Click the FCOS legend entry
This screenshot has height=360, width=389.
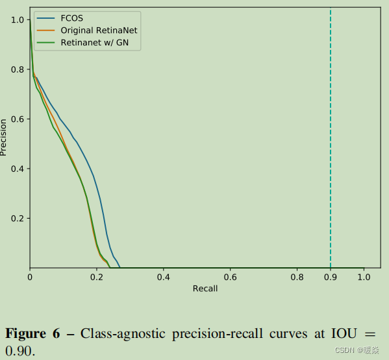pos(72,18)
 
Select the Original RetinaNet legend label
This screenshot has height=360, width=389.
pos(99,30)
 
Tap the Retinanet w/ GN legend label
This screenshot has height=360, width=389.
pos(99,43)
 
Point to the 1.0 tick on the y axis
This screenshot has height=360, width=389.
pos(18,20)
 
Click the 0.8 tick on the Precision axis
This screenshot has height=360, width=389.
pos(18,69)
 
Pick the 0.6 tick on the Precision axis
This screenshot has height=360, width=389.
pos(18,119)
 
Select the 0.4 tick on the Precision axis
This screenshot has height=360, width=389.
pos(18,169)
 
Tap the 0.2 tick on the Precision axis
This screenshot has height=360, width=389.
pos(18,219)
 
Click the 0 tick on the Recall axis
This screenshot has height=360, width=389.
pos(30,277)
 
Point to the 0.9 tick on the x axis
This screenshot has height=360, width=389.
pos(331,277)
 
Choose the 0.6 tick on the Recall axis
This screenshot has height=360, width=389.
pos(230,277)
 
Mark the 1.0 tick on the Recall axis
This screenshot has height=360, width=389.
pos(364,277)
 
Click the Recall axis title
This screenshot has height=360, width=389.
pos(205,289)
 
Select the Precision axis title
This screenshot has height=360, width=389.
pos(5,137)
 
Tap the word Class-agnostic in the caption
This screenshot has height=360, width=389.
pos(123,334)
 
